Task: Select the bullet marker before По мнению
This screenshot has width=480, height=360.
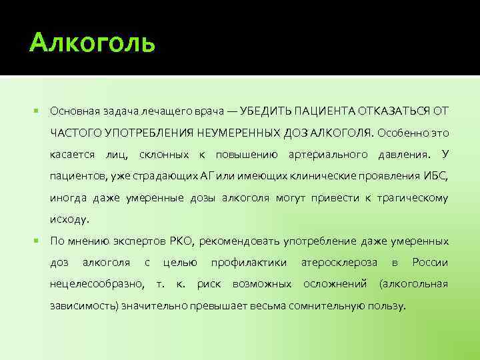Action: tap(35, 241)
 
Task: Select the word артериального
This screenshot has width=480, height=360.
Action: tap(327, 154)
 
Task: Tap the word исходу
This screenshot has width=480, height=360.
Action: tap(69, 219)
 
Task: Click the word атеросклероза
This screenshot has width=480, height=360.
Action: tap(339, 263)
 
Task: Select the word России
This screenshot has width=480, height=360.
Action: tap(430, 263)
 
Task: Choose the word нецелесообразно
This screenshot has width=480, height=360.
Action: tap(96, 285)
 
